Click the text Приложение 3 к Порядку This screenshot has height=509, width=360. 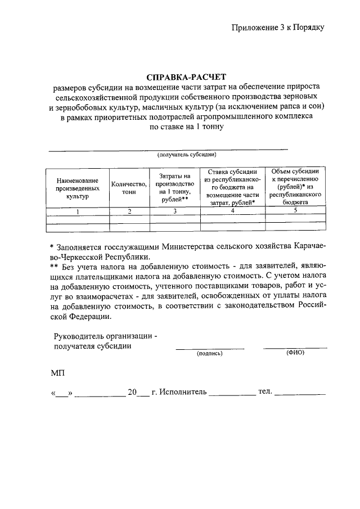(278, 26)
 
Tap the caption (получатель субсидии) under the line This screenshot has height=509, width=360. (187, 154)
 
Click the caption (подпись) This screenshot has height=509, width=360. (210, 354)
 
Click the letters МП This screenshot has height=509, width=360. (58, 372)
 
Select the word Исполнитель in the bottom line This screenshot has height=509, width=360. (183, 391)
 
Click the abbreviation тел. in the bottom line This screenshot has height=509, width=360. (265, 391)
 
